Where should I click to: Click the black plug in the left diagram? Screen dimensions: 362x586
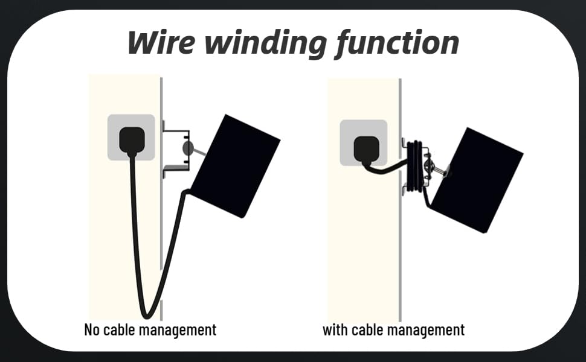click(x=132, y=139)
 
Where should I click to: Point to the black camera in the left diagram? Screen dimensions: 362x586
click(x=236, y=165)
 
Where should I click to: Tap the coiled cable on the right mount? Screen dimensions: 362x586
click(x=414, y=167)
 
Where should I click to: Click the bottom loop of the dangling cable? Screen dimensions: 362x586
click(x=146, y=313)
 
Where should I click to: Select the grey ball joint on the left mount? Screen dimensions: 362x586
click(x=188, y=148)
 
